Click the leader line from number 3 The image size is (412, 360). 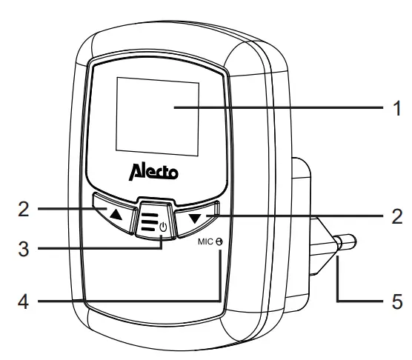(x=89, y=250)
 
